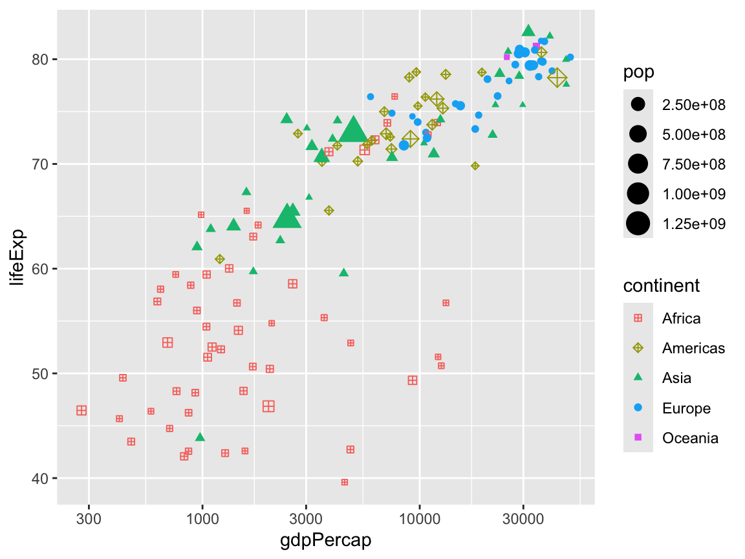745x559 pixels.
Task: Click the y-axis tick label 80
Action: click(x=41, y=60)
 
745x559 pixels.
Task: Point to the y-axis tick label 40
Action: click(x=41, y=479)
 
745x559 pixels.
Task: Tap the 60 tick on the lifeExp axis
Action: click(x=41, y=269)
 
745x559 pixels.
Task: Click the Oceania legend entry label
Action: click(x=690, y=438)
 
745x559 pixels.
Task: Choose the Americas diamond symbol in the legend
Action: click(x=638, y=348)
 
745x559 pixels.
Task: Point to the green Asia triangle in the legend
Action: click(x=638, y=378)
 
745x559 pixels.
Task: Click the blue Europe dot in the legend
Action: click(x=638, y=408)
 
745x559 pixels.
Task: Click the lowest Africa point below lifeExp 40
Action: click(x=345, y=482)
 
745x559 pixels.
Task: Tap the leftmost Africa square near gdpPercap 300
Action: click(x=81, y=410)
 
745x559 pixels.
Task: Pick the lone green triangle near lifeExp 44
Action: click(x=200, y=437)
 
